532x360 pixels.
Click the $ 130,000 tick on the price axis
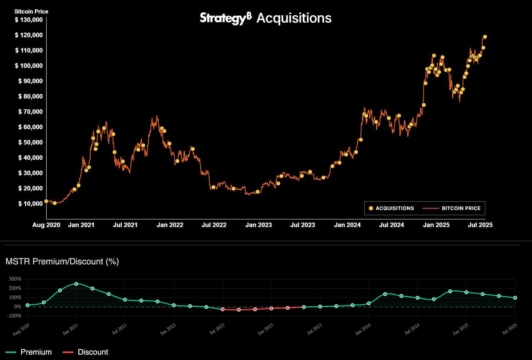click(x=28, y=20)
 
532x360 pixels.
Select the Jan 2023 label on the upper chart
click(x=258, y=225)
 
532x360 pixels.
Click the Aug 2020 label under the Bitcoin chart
click(x=46, y=225)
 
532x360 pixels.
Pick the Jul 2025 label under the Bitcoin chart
click(x=480, y=225)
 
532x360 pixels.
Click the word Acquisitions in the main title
click(x=294, y=18)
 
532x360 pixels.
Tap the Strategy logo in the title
click(x=225, y=18)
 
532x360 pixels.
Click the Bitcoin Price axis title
click(x=31, y=11)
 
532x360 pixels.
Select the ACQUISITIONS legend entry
click(x=391, y=208)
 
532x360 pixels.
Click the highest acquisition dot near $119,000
click(x=485, y=37)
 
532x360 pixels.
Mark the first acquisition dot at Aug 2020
click(x=46, y=201)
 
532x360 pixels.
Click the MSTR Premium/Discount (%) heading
click(x=62, y=261)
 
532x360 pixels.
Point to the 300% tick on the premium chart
click(x=15, y=279)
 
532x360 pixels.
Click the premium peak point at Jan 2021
click(x=76, y=284)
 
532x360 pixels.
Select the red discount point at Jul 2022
click(x=223, y=310)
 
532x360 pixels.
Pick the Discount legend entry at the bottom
click(x=86, y=352)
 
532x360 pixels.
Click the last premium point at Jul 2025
click(x=515, y=298)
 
